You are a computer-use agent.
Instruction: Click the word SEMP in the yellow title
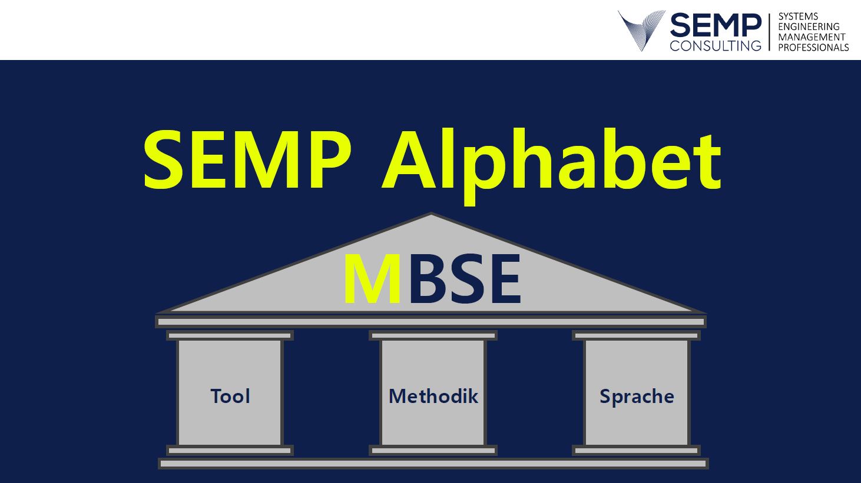(x=247, y=159)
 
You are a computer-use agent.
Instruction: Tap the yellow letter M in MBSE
(x=372, y=279)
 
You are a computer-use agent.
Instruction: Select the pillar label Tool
(x=230, y=397)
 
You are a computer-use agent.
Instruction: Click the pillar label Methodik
(x=433, y=397)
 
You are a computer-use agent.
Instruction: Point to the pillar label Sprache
(x=637, y=397)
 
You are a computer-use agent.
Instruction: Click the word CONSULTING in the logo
(x=716, y=46)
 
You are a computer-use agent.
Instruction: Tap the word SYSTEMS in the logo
(x=799, y=16)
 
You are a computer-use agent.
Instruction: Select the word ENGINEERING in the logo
(x=809, y=27)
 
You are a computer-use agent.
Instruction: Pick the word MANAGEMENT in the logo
(x=812, y=37)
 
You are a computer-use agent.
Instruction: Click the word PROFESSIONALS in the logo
(x=814, y=48)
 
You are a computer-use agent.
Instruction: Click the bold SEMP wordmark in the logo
(x=716, y=25)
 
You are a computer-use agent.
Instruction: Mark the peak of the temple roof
(x=431, y=213)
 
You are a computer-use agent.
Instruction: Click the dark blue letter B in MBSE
(x=428, y=279)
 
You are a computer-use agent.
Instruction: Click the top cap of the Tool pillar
(x=230, y=335)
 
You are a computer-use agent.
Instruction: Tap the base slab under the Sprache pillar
(x=637, y=450)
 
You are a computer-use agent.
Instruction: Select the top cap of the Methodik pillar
(x=433, y=335)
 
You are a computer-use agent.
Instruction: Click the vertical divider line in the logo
(x=770, y=32)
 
